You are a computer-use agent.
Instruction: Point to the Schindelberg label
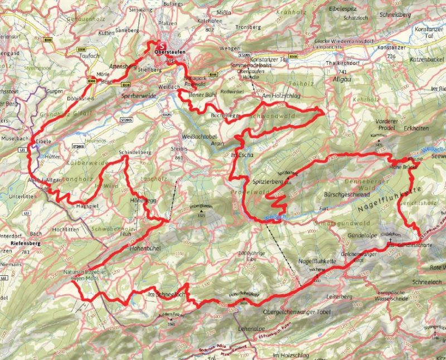click(x=135, y=152)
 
